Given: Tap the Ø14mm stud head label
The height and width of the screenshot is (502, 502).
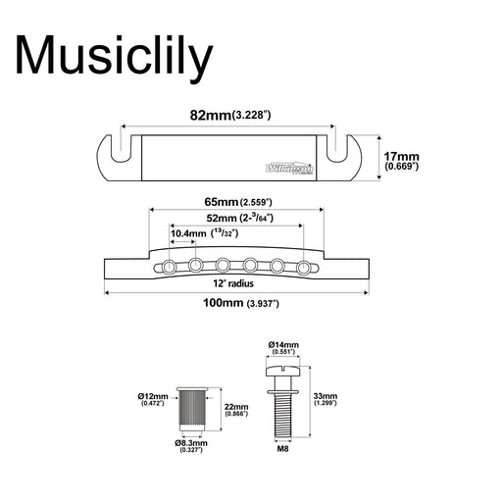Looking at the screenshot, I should pos(284,345).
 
